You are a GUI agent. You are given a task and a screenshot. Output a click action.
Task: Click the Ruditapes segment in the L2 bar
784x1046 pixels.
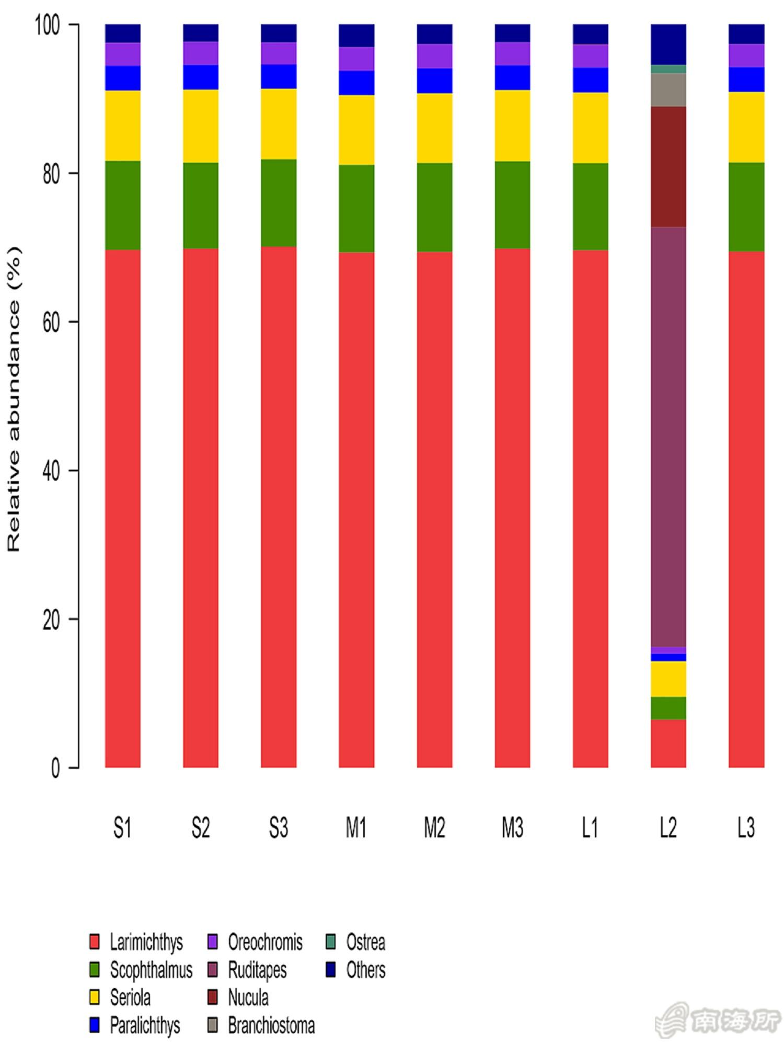[668, 437]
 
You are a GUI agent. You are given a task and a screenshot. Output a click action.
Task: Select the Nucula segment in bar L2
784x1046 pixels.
[668, 166]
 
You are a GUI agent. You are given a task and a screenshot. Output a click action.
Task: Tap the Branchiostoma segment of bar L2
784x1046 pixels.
[668, 89]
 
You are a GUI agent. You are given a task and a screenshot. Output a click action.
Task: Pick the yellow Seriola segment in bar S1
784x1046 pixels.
[122, 126]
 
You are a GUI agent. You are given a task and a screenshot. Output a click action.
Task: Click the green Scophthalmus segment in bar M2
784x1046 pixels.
[434, 207]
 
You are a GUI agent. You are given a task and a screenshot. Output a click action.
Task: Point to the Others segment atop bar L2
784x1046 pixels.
[668, 44]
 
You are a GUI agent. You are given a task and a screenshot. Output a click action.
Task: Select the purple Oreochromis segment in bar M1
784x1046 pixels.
[356, 59]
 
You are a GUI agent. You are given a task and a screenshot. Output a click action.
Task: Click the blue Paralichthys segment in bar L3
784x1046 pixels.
[746, 79]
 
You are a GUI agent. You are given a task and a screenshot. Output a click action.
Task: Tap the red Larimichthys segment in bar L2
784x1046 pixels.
[668, 743]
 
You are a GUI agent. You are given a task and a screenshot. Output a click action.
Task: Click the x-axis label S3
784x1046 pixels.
[278, 828]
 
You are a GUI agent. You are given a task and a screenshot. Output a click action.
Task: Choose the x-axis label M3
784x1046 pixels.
[512, 828]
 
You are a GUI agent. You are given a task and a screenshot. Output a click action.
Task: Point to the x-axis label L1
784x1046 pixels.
[590, 828]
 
